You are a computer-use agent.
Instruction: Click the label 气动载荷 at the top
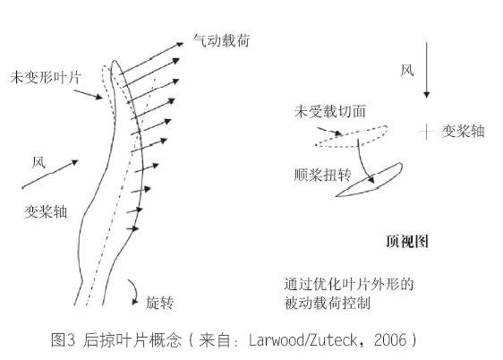221,41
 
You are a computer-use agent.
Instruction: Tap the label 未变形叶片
46,78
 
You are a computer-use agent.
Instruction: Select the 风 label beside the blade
38,163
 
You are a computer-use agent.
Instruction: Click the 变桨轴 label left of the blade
46,211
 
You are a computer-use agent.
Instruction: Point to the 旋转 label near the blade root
159,303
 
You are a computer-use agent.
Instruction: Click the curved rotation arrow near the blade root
136,291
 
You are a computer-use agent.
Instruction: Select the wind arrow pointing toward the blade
50,174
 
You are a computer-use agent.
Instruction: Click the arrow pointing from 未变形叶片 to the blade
88,95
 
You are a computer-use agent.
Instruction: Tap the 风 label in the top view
407,70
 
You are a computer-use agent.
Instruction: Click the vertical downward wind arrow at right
426,70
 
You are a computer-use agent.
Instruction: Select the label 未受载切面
330,111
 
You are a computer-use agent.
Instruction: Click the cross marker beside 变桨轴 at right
426,132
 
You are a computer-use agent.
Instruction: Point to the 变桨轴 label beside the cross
463,132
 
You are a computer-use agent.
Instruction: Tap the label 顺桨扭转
323,175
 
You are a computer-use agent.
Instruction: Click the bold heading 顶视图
407,241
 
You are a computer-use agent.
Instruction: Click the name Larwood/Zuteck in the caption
303,339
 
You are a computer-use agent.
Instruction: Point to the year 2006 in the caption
390,339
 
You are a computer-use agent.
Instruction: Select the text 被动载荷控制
328,304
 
